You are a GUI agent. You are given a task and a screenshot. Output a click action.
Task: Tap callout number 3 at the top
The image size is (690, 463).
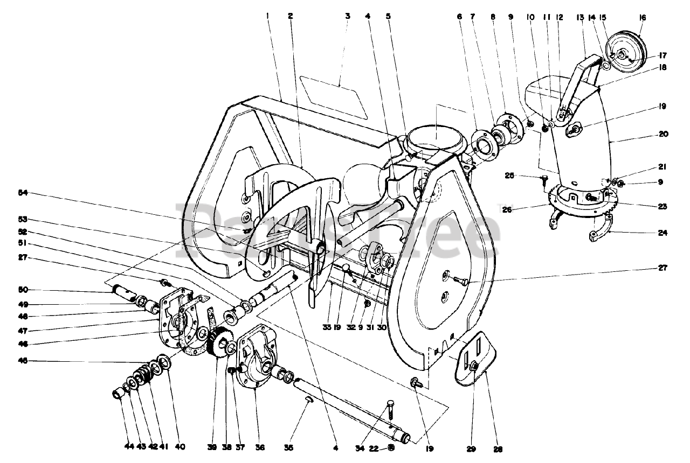(348, 16)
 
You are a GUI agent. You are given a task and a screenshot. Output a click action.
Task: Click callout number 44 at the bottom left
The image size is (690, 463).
(128, 446)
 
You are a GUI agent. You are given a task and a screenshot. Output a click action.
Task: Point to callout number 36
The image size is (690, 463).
(260, 446)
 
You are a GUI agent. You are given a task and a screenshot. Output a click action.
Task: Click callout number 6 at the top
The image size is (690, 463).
(460, 16)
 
